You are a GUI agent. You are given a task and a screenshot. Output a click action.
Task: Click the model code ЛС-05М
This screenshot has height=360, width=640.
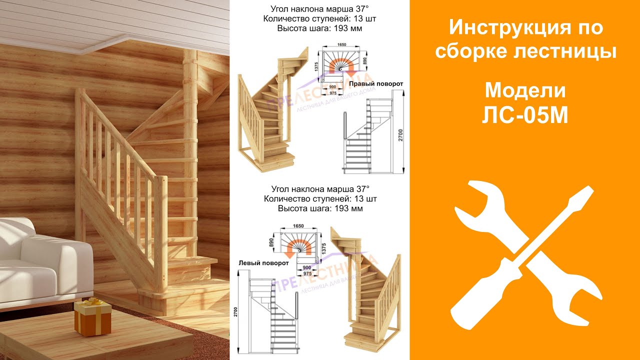(x=525, y=115)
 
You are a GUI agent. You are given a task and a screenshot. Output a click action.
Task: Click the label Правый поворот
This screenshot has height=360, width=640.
(x=376, y=83)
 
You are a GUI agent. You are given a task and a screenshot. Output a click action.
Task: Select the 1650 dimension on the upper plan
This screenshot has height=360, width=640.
(x=341, y=45)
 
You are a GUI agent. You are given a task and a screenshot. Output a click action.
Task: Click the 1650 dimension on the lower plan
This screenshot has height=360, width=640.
(x=298, y=226)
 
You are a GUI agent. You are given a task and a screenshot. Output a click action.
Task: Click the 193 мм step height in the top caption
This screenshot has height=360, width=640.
(x=347, y=28)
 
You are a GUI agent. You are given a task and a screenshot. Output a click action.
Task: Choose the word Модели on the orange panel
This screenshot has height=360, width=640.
(x=525, y=90)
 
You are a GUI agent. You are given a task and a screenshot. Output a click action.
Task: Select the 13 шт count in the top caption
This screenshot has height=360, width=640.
(x=367, y=19)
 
